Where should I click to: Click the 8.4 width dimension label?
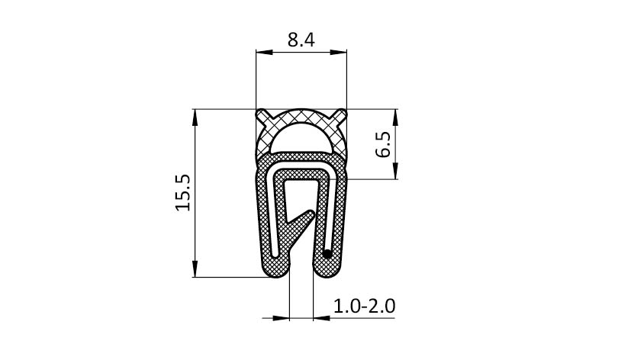(301, 40)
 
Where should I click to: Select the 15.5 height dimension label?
(182, 193)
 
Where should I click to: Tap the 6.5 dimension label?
(383, 144)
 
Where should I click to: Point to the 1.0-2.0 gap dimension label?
(365, 306)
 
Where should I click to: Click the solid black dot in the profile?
(327, 254)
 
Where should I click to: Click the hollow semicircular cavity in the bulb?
(301, 139)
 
